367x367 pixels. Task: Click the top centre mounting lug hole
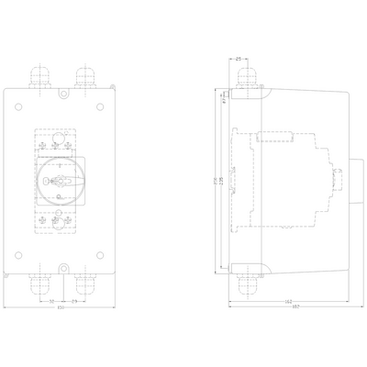click(61, 94)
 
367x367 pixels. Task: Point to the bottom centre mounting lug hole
click(61, 267)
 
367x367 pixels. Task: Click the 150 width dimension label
click(61, 307)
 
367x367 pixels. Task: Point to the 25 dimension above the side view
click(239, 60)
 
